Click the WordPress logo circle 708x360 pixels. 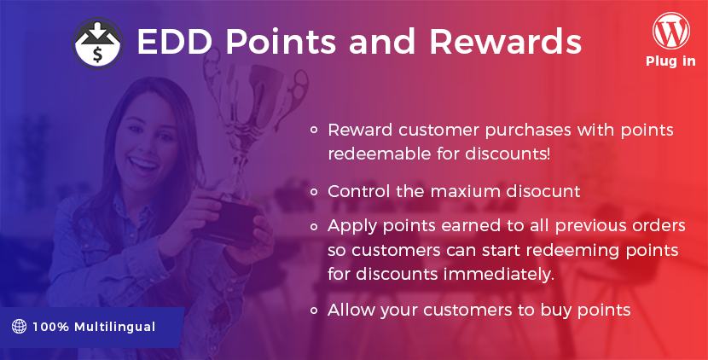click(x=671, y=31)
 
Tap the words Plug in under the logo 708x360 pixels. click(x=670, y=61)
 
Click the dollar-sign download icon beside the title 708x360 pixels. click(x=97, y=44)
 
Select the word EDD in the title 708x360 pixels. click(x=174, y=42)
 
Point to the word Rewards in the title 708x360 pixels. click(x=505, y=42)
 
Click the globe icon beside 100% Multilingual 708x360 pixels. click(x=19, y=326)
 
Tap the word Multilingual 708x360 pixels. click(x=114, y=327)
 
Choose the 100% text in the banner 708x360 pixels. click(x=50, y=327)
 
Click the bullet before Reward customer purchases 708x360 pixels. click(x=314, y=130)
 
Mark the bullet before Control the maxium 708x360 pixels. click(x=314, y=192)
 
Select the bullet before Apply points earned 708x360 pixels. click(x=314, y=226)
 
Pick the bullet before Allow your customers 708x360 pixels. click(x=314, y=311)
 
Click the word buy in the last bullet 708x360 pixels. click(x=556, y=311)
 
